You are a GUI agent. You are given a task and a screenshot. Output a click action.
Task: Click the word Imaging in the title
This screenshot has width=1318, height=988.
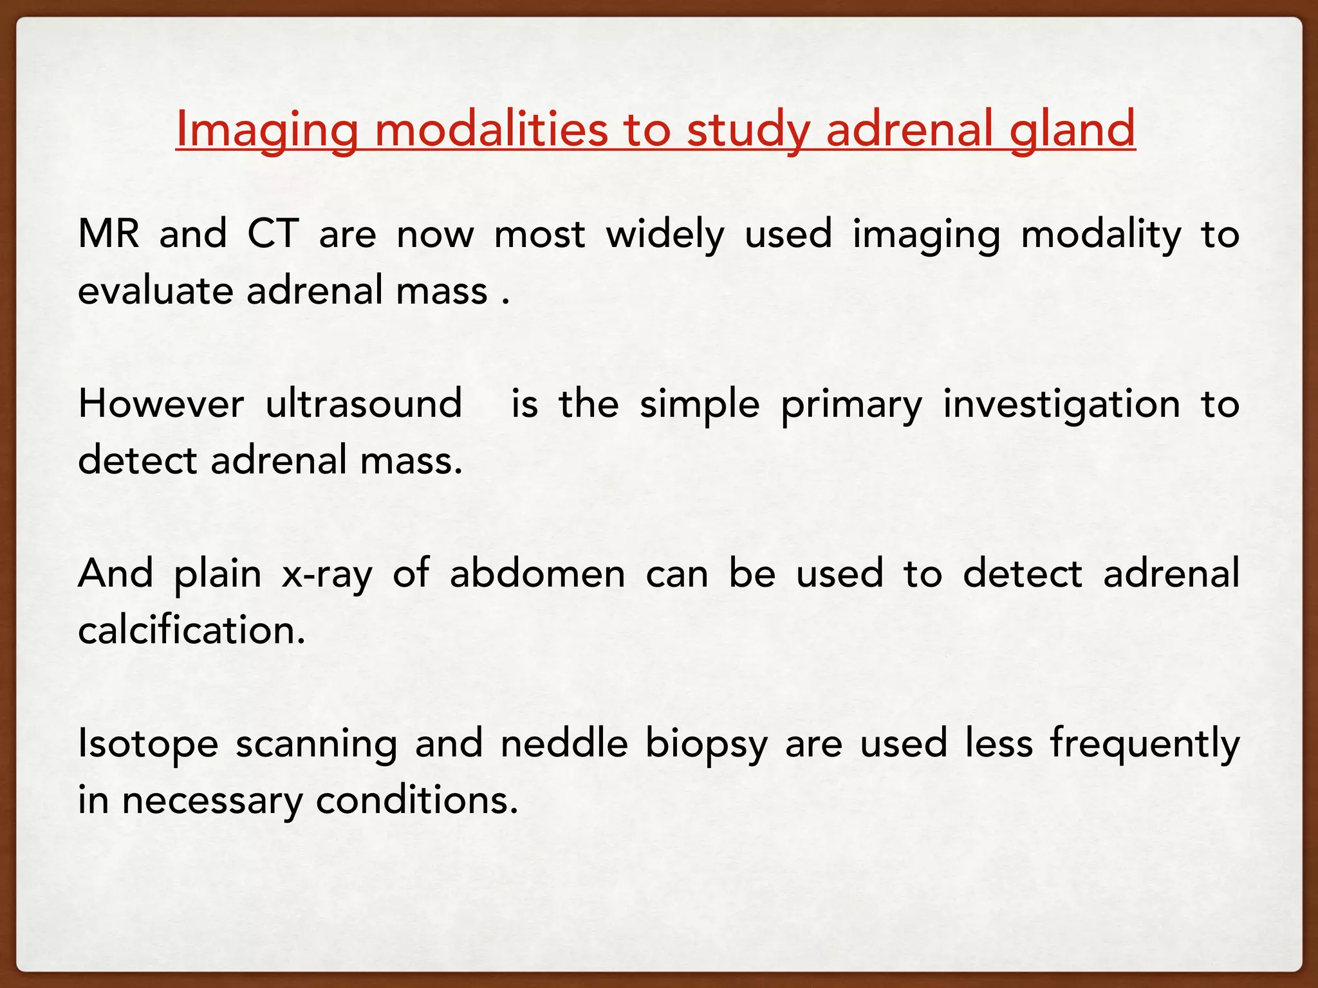coord(266,129)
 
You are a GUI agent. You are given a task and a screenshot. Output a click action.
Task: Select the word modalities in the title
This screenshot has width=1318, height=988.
coord(491,129)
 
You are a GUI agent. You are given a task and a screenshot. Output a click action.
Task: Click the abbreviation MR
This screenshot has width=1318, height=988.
coord(108,233)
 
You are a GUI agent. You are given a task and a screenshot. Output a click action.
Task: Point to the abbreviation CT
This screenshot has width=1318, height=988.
coord(274,233)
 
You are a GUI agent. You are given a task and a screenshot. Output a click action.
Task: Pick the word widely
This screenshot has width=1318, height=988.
coord(665,235)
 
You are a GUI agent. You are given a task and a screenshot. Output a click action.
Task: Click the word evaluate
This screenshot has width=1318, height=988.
coord(155,291)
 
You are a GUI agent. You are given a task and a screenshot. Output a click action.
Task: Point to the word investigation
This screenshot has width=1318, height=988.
coord(1062,405)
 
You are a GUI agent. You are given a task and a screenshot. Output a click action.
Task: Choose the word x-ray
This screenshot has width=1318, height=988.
coord(327,574)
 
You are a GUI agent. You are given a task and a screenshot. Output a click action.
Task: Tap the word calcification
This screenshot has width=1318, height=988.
coord(191,630)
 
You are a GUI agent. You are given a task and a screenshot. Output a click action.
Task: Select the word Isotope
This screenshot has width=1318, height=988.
coord(148,745)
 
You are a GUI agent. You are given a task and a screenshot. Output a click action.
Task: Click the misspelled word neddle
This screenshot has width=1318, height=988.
coord(564,744)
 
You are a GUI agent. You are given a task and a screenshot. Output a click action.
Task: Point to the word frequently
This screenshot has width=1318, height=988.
coord(1144,745)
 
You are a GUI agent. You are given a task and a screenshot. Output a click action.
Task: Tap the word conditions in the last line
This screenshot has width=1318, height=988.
coord(416,800)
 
